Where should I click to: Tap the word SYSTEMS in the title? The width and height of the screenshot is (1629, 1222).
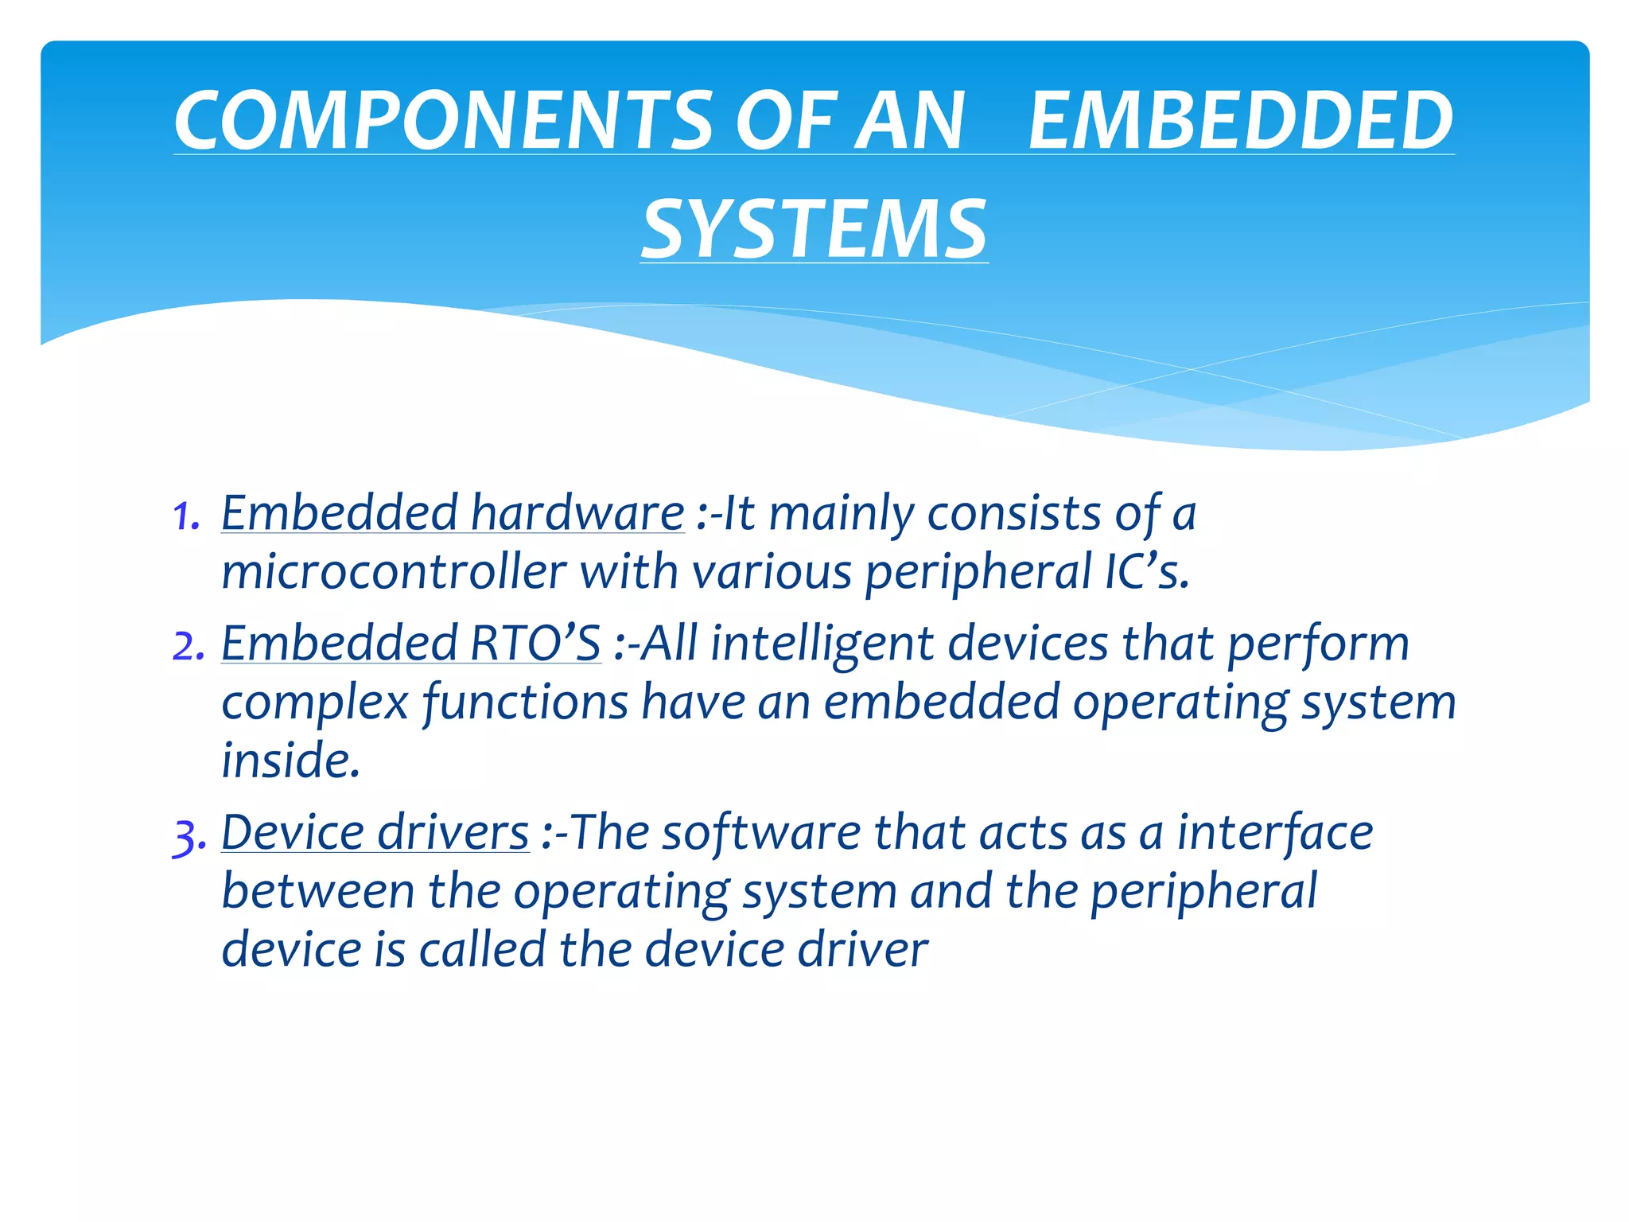(814, 230)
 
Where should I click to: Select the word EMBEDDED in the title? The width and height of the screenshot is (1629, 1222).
(1241, 121)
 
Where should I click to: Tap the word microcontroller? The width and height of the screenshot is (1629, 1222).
(394, 572)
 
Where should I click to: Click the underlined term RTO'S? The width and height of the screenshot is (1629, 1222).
(535, 644)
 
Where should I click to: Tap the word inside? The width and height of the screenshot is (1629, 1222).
(290, 761)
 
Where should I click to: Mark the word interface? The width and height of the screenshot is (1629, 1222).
(1274, 833)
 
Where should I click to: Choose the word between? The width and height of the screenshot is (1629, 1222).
(317, 891)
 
